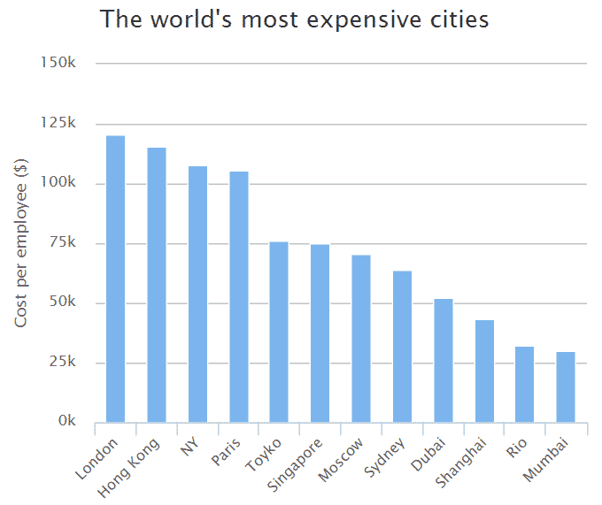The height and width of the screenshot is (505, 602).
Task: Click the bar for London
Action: (115, 279)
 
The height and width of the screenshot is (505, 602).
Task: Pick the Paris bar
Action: (238, 296)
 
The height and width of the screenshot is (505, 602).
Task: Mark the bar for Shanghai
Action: (484, 371)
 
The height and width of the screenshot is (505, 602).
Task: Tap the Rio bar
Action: (525, 385)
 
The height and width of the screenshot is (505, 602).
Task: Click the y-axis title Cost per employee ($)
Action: (21, 243)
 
